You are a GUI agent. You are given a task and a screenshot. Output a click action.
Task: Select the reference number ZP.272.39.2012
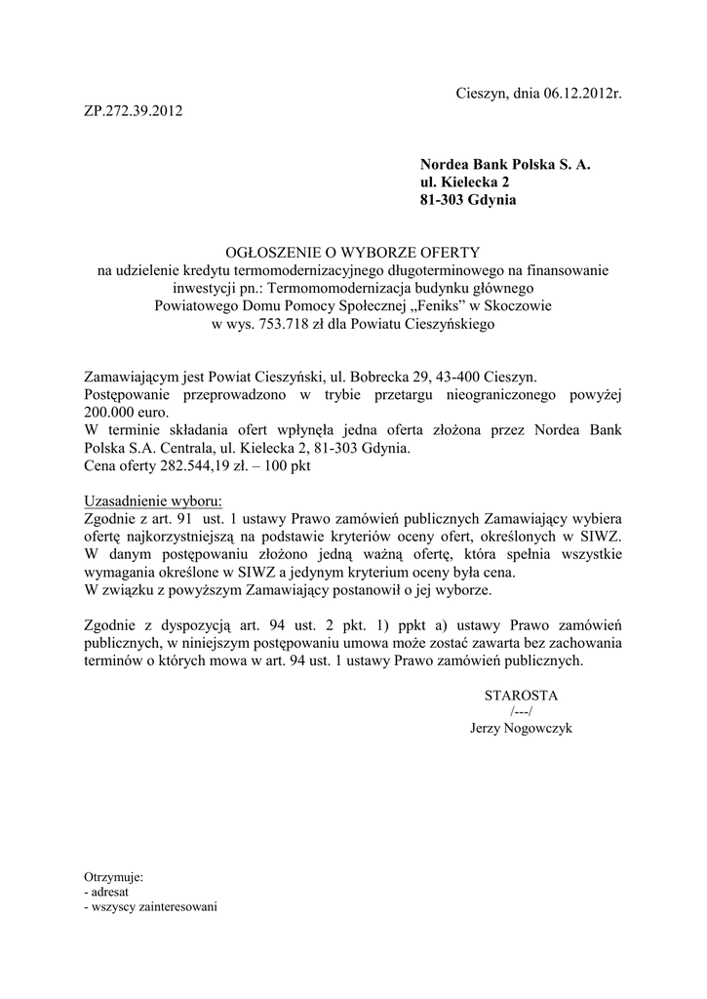tap(132, 111)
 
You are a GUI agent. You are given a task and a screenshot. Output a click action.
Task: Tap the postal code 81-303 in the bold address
tap(443, 200)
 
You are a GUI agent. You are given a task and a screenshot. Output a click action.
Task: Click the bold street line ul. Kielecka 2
tap(464, 182)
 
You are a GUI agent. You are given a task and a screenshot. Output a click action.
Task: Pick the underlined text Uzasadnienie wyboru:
tap(153, 501)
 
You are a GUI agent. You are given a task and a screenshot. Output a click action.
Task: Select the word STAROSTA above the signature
tap(521, 695)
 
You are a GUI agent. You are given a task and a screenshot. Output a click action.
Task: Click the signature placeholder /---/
tap(521, 712)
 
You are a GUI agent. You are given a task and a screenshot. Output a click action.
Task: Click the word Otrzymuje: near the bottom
tap(114, 877)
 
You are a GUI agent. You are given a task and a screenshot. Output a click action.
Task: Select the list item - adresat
tap(110, 892)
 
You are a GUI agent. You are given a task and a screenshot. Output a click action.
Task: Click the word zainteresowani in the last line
tap(180, 906)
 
